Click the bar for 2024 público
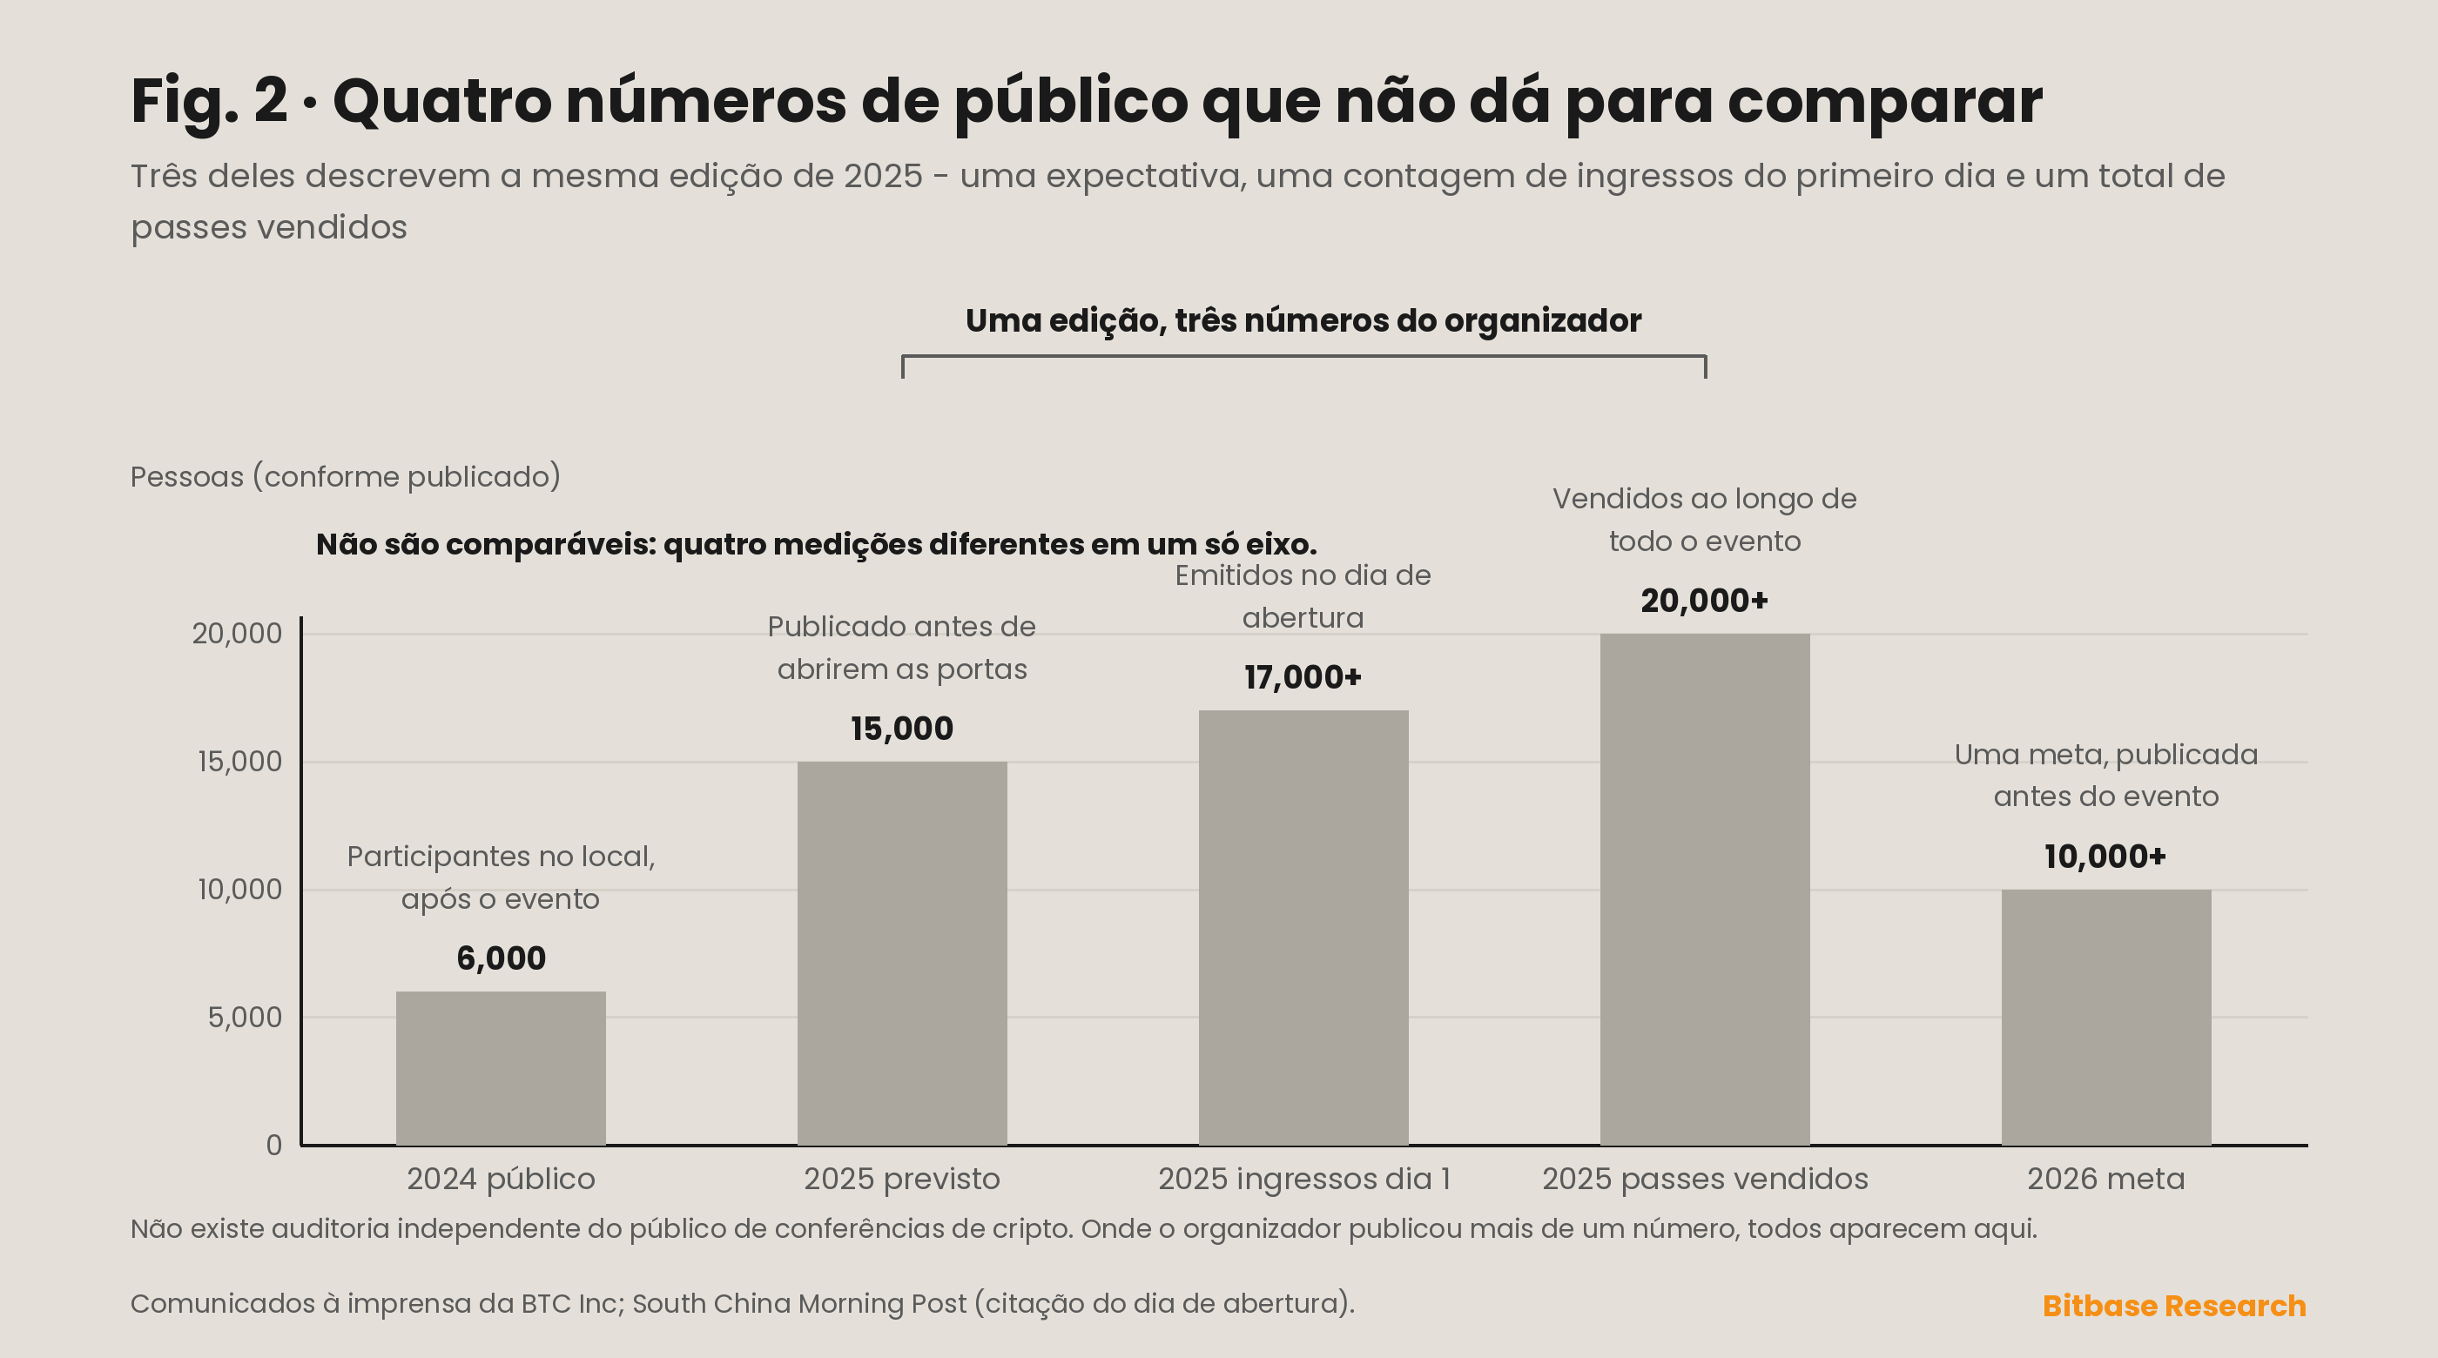[501, 1068]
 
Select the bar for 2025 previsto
[902, 953]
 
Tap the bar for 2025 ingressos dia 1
[1303, 927]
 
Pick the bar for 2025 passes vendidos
[1705, 890]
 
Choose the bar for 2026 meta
[2105, 1018]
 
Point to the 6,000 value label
[501, 958]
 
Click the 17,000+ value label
[1303, 677]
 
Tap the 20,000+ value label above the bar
[1705, 601]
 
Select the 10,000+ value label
[2105, 857]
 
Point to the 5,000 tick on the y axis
[246, 1018]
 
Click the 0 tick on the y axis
[273, 1145]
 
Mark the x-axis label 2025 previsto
[902, 1180]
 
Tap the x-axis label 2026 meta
[2105, 1180]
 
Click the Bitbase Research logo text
[2174, 1306]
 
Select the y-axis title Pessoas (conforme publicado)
[346, 477]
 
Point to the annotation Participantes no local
[501, 857]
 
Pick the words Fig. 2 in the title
[209, 101]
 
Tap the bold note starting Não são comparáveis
[816, 545]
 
